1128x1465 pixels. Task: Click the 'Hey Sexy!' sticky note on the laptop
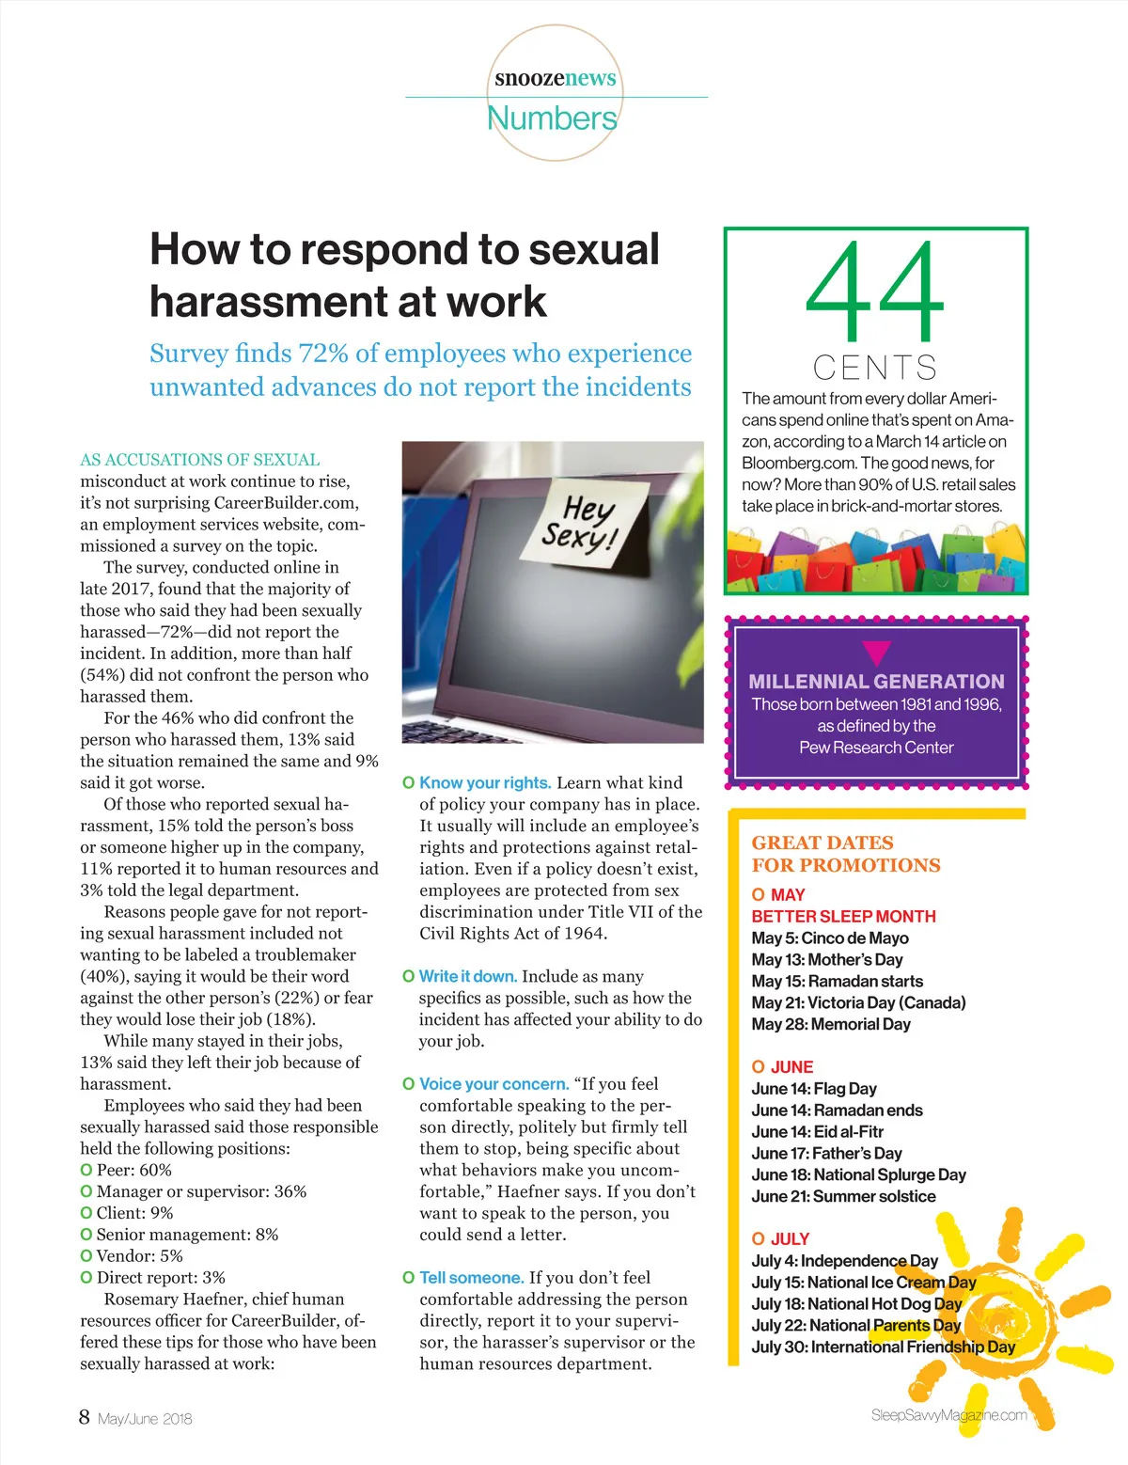pyautogui.click(x=585, y=523)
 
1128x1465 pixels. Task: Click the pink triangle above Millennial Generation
pyautogui.click(x=876, y=653)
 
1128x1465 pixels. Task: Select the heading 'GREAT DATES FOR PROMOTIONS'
pyautogui.click(x=845, y=854)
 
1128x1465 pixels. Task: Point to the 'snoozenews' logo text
pyautogui.click(x=556, y=78)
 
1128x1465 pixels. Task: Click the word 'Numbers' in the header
pyautogui.click(x=553, y=118)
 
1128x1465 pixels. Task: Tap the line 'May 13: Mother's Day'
pyautogui.click(x=826, y=959)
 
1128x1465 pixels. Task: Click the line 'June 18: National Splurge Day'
pyautogui.click(x=858, y=1174)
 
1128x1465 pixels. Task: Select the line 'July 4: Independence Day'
pyautogui.click(x=844, y=1260)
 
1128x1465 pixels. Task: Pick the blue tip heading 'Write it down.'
pyautogui.click(x=468, y=976)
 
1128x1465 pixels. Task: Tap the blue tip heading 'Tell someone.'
pyautogui.click(x=471, y=1277)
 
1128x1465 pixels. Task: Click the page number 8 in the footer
pyautogui.click(x=85, y=1417)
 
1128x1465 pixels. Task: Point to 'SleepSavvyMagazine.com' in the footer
pyautogui.click(x=948, y=1415)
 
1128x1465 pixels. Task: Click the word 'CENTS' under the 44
pyautogui.click(x=875, y=367)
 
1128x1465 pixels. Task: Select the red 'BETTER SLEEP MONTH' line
pyautogui.click(x=843, y=916)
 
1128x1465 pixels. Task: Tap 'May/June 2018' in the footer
pyautogui.click(x=145, y=1419)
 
